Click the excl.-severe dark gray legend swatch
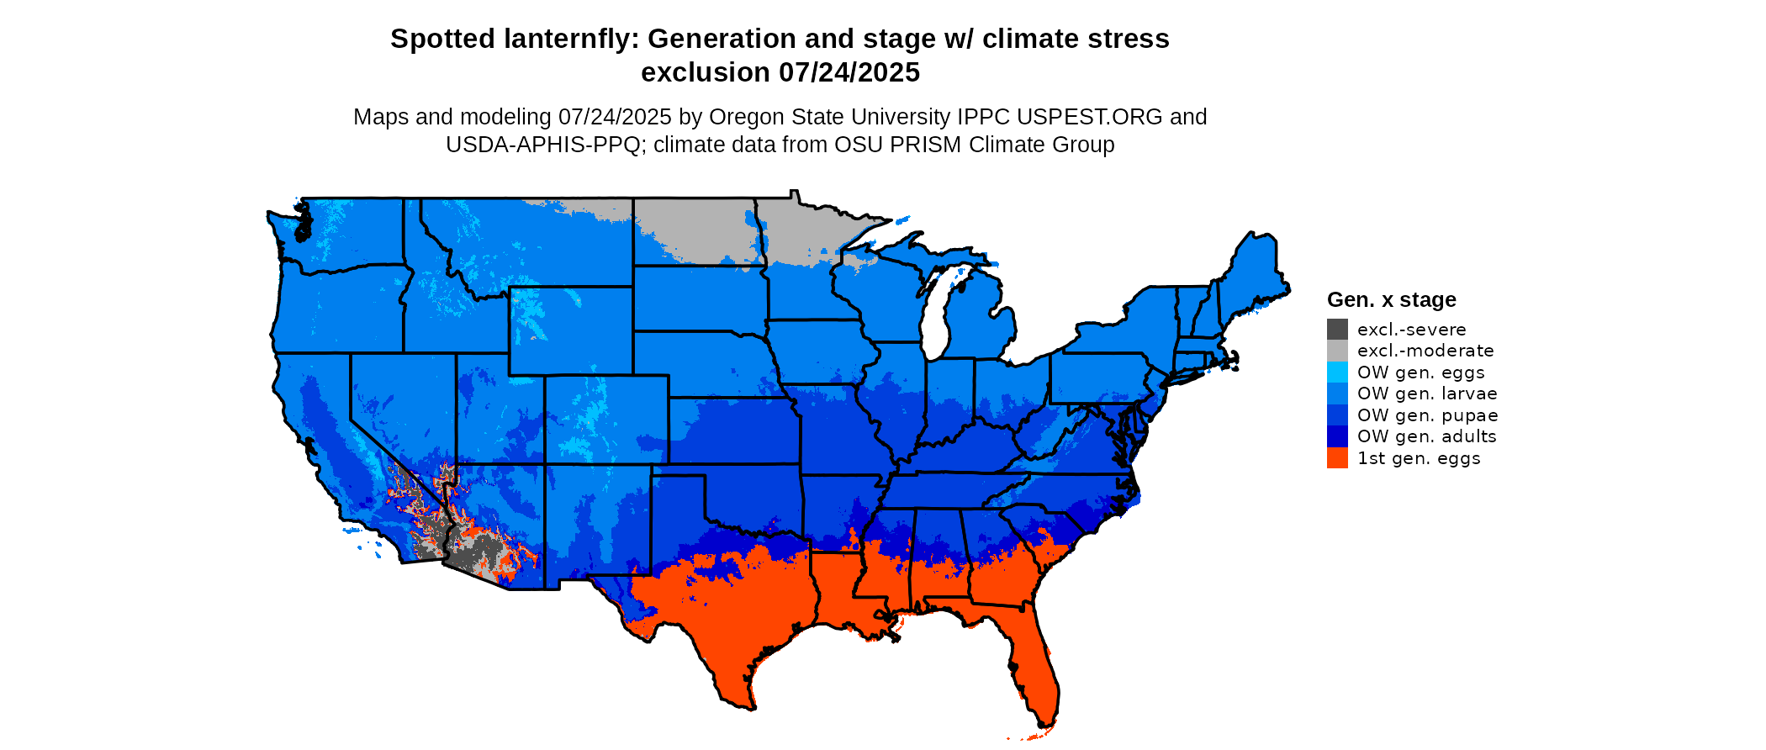[x=1337, y=330]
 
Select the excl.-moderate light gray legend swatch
[x=1337, y=351]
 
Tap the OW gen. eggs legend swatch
[x=1337, y=372]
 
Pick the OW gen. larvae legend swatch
[x=1337, y=393]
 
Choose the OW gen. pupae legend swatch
[x=1337, y=415]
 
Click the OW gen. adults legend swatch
[x=1337, y=436]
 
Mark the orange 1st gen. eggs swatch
[x=1337, y=458]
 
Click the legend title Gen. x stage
[x=1391, y=299]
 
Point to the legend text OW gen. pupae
[x=1427, y=415]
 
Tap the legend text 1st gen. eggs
[x=1419, y=458]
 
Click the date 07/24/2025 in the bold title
[x=849, y=72]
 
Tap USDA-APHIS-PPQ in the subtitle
[x=543, y=145]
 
